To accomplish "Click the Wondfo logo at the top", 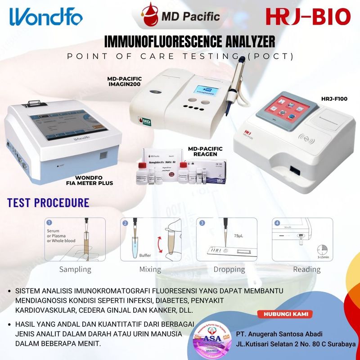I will [x=45, y=17].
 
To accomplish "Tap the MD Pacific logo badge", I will [x=182, y=17].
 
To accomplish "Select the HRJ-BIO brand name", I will [x=308, y=17].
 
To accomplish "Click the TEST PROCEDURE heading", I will [x=48, y=202].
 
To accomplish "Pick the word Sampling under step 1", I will [x=75, y=269].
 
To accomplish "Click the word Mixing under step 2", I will [x=150, y=269].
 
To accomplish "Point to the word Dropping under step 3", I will [x=229, y=269].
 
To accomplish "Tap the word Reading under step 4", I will [x=307, y=269].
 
